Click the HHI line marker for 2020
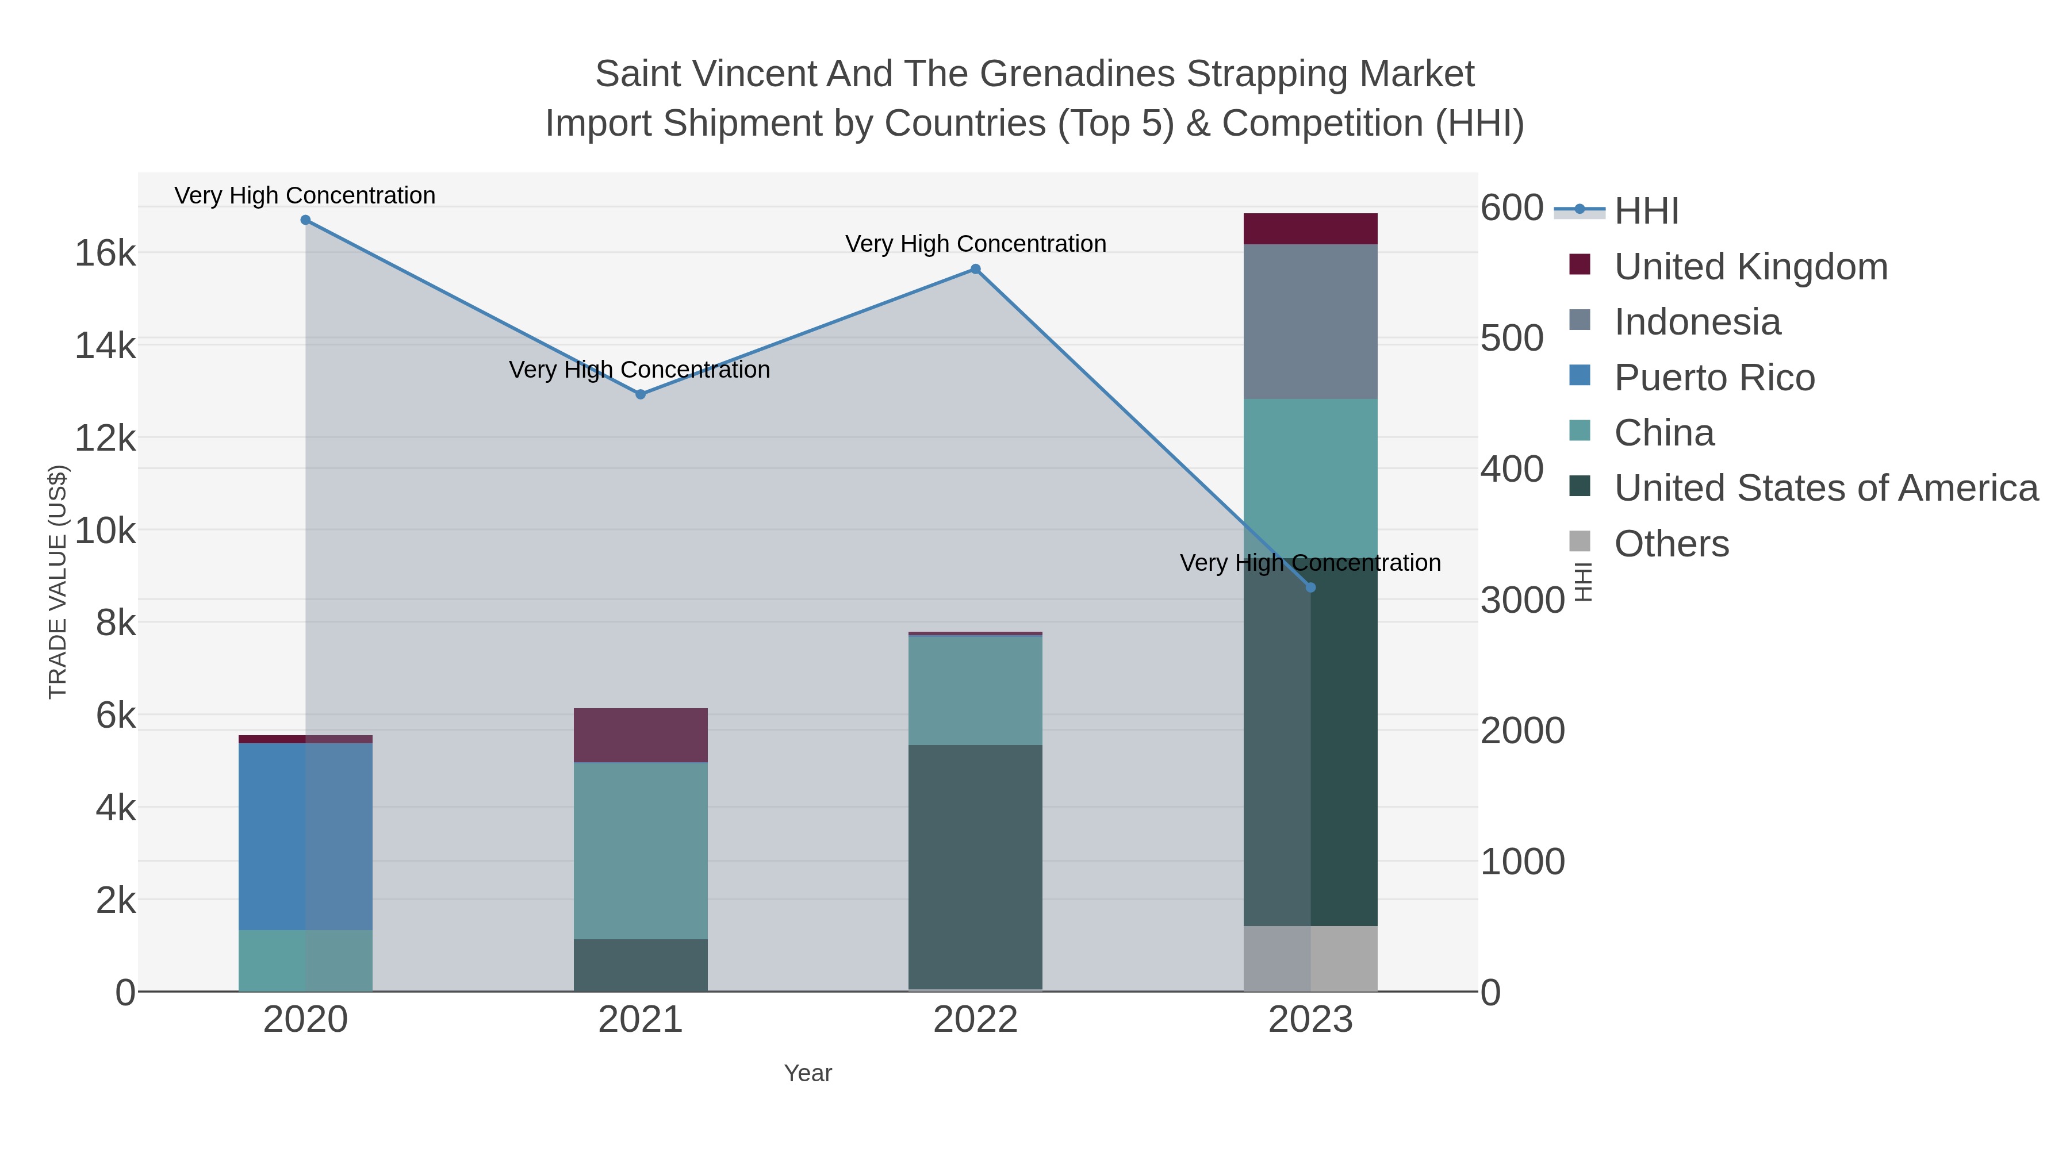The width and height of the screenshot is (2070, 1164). pos(305,220)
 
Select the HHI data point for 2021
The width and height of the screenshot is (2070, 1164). pos(641,394)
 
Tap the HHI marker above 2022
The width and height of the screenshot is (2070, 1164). pos(976,269)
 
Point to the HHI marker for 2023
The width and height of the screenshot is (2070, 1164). pos(1310,588)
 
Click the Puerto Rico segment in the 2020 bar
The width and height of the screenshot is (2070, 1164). pos(305,835)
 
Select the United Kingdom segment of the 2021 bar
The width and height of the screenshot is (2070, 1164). pos(641,735)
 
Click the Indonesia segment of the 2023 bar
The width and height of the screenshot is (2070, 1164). pos(1310,321)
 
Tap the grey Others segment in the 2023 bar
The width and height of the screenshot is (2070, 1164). pos(1310,958)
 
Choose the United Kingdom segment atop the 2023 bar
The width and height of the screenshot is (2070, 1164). pos(1310,229)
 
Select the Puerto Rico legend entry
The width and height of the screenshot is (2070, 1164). pos(1714,378)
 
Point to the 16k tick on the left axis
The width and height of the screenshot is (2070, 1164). pos(105,254)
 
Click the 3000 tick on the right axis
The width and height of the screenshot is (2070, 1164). pos(1522,600)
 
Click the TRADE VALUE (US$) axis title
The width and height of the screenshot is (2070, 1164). pos(58,582)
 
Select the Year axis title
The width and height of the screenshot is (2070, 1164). pos(808,1073)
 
